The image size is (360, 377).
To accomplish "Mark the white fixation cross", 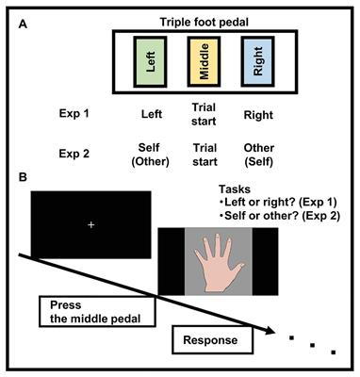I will click(90, 225).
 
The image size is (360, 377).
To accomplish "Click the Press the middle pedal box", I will click(95, 310).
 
